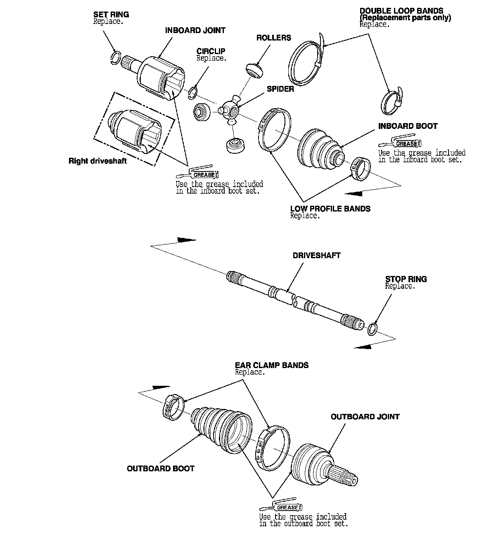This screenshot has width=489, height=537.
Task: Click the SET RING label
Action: pos(111,14)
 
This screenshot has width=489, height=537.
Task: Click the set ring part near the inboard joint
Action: pos(116,57)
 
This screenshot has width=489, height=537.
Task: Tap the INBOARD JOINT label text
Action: pos(195,31)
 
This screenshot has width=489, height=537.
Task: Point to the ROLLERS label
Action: pos(273,38)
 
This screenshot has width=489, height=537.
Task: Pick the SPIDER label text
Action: pos(280,89)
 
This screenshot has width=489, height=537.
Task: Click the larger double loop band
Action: pos(306,62)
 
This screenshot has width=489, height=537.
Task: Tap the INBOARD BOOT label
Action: pos(408,126)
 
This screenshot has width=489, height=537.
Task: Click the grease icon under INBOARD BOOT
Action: pos(400,143)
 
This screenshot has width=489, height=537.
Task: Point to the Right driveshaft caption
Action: pos(97,161)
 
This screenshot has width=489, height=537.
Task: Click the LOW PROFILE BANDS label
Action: pos(330,209)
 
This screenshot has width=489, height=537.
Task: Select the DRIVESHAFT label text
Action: pos(316,255)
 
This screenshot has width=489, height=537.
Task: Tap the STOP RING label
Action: pos(406,279)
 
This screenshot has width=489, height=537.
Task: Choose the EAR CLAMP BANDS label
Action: pos(271,365)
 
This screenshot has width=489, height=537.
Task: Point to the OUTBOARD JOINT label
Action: pos(365,417)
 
